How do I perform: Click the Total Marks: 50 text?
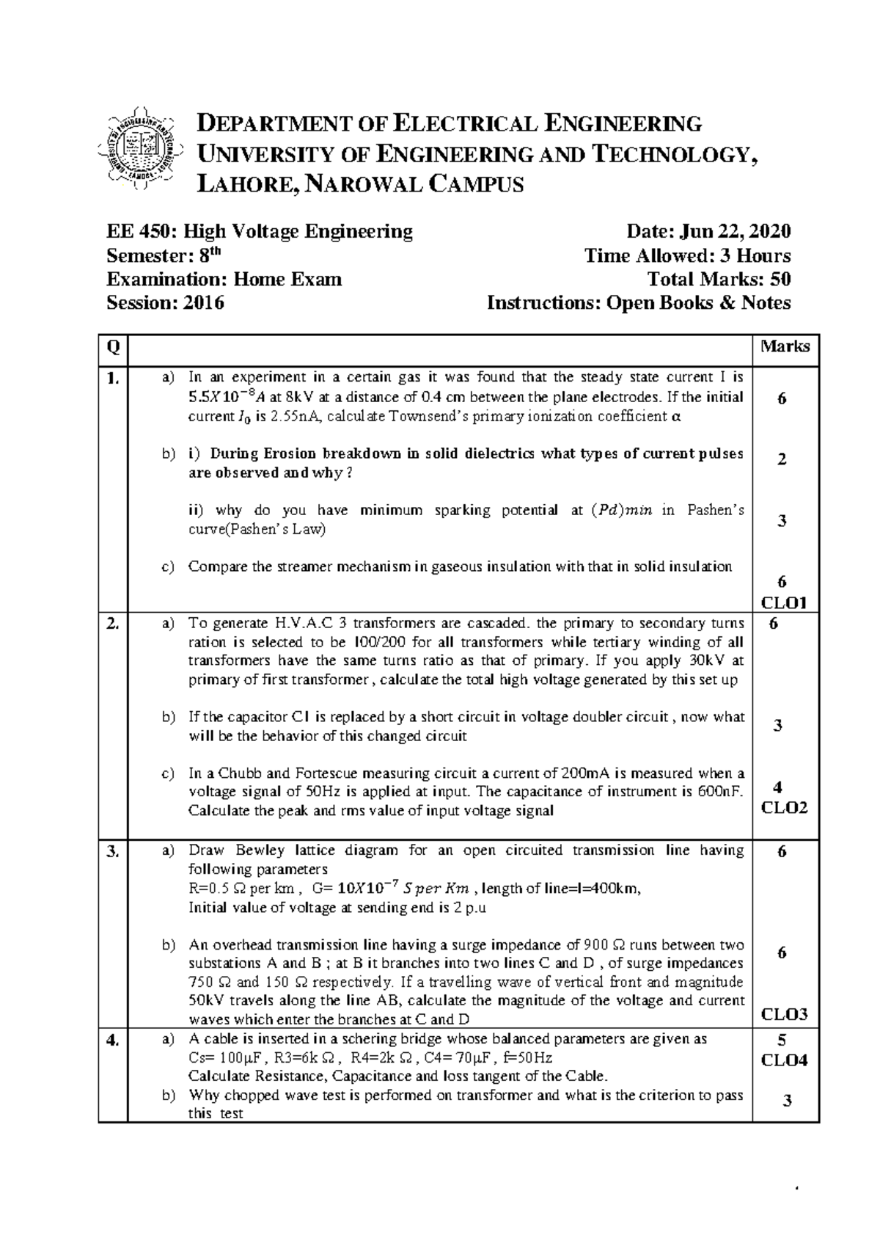click(719, 280)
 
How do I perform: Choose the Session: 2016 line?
click(166, 303)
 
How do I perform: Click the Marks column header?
click(785, 346)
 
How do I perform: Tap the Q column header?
click(112, 347)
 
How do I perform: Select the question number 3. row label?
click(112, 851)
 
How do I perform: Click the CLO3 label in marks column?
click(783, 1015)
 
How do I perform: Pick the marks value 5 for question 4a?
click(782, 1040)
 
